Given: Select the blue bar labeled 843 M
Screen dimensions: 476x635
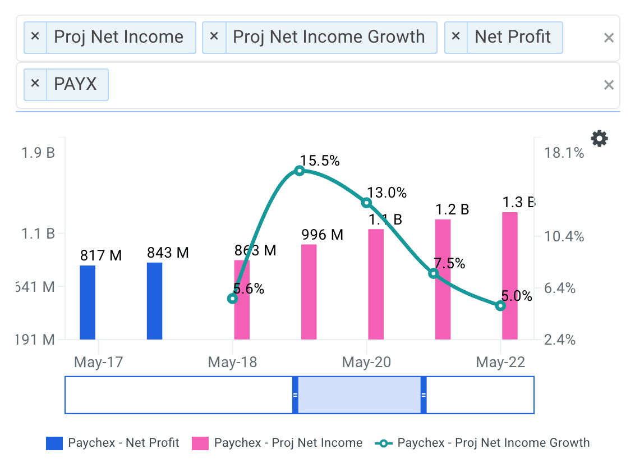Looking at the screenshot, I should coord(154,301).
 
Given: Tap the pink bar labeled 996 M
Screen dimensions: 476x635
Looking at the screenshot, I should coord(309,292).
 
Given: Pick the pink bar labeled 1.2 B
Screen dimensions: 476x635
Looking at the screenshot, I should coord(443,279).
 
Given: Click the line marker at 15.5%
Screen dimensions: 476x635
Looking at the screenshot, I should coord(300,171).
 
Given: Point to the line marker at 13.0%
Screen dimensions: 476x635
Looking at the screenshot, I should coord(366,203).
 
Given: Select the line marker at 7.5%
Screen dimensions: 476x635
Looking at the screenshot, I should coord(433,273).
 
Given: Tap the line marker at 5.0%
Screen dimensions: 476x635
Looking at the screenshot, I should coord(500,306).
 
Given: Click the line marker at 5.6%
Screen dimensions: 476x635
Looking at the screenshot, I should coord(233,299).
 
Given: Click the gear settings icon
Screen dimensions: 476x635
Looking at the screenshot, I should coord(600,138).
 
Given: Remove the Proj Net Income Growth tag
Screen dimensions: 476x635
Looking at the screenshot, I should coord(214,37).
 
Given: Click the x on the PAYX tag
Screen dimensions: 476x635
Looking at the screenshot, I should coord(35,84).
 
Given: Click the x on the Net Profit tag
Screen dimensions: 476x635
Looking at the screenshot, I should coord(455,37).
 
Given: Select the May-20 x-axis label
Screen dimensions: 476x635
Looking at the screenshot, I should coord(366,362).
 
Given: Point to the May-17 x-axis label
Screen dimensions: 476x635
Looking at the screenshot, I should coord(98,362).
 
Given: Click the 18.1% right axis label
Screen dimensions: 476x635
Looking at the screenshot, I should coord(563,153).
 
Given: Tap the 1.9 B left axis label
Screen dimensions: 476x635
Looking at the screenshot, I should coord(39,153).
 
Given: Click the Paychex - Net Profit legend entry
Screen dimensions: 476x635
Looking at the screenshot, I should coord(112,443).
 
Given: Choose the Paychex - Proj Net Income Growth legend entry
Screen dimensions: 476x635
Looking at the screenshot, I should coord(482,443).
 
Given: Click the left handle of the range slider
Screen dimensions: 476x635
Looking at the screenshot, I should coord(295,395).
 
